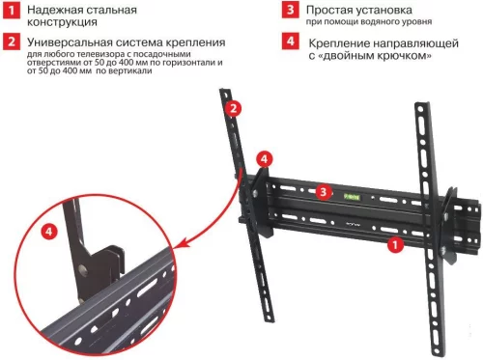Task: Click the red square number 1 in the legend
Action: (x=11, y=12)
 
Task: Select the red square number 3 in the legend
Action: (x=290, y=11)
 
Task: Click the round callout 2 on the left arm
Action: (x=233, y=109)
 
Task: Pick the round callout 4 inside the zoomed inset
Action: (x=48, y=233)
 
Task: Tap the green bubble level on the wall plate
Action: (x=355, y=193)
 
